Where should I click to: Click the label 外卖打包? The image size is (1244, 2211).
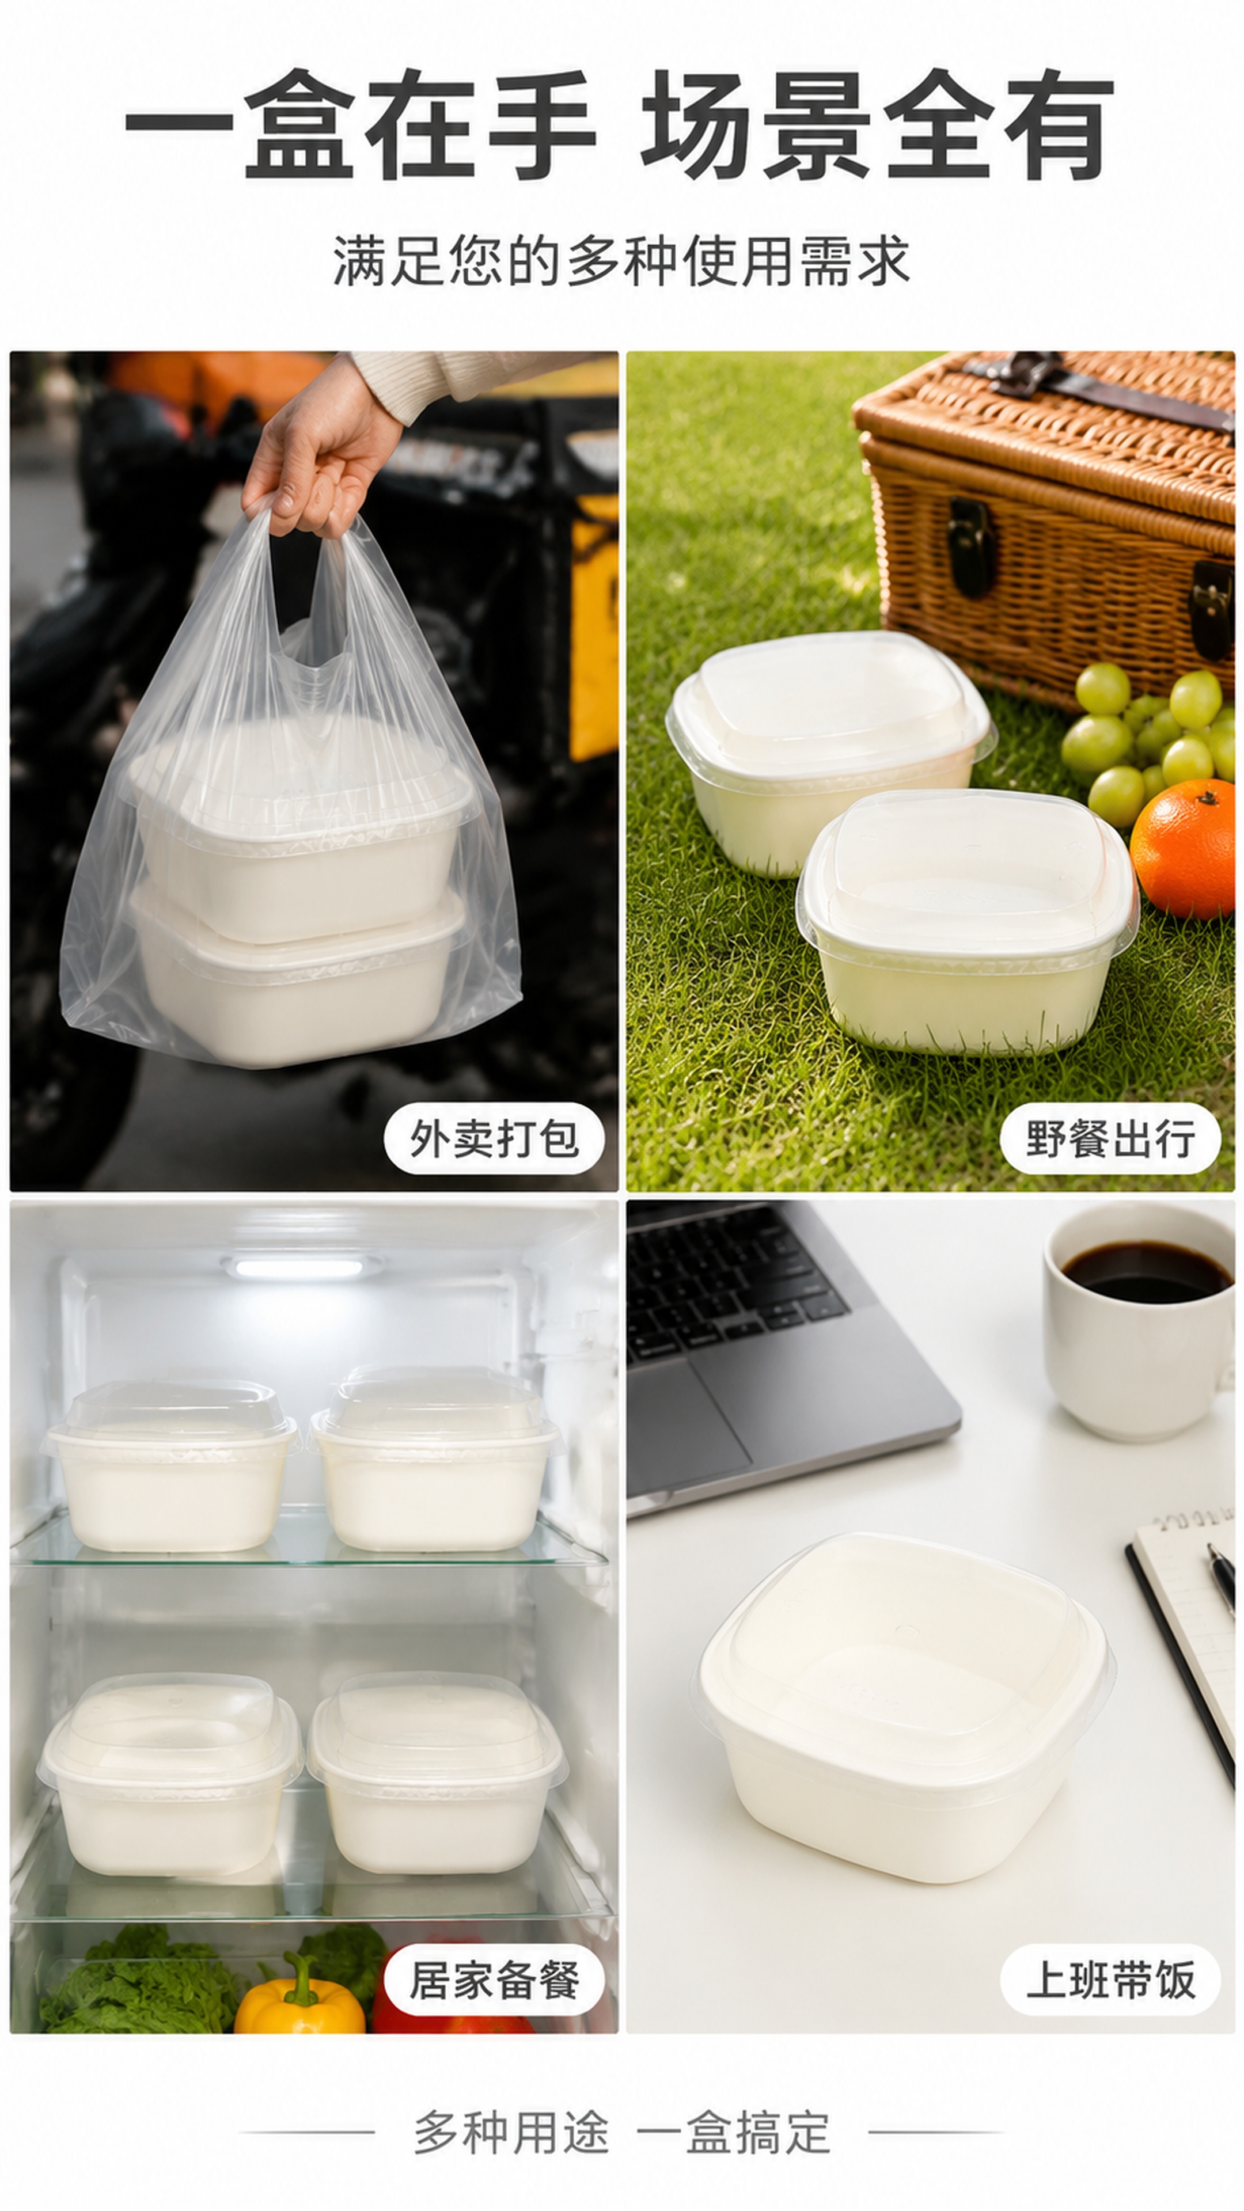(494, 1139)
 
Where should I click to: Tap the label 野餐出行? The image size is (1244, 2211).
(1110, 1139)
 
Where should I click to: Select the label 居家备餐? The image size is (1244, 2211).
(494, 1980)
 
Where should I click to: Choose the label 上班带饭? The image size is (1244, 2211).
(1110, 1980)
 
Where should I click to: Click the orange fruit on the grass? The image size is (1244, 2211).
(1183, 849)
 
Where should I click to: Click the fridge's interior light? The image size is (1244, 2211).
(301, 1267)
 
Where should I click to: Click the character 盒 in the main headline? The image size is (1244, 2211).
(299, 124)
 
